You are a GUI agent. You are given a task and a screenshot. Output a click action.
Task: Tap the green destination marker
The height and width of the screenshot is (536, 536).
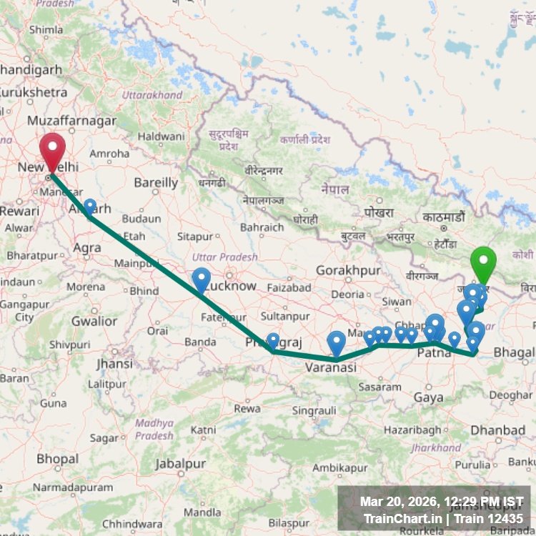coord(484,263)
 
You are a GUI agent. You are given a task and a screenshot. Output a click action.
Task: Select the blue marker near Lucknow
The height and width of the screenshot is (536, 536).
coord(202,279)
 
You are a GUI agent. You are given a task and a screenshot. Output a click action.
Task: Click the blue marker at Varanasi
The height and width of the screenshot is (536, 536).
coord(336,343)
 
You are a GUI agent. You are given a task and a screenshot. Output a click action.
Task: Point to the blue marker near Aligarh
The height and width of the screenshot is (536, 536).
coord(90,207)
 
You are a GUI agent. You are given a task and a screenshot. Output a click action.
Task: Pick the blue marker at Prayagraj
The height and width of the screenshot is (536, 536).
coord(273,340)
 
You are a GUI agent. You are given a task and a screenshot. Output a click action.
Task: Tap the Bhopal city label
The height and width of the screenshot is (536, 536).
coord(58,457)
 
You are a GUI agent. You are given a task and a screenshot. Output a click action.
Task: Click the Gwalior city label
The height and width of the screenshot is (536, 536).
coord(94,321)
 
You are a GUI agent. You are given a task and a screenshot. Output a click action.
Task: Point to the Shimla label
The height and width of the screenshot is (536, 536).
coord(46,30)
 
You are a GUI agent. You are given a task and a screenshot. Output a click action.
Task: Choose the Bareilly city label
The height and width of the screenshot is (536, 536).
coord(156,183)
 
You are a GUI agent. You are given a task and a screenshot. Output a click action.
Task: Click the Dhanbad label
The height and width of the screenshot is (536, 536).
coord(497,430)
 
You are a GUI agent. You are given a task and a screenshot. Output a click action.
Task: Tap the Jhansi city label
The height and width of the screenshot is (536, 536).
coord(115,363)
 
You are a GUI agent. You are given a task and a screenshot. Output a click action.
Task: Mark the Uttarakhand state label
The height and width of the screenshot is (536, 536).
coord(152,95)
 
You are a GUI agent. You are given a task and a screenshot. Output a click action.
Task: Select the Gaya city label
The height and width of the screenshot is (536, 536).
coord(428,397)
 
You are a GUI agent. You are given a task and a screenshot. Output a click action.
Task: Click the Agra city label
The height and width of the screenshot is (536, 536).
coord(86,248)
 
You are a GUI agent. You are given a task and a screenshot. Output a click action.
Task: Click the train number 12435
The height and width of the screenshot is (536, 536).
coord(507,519)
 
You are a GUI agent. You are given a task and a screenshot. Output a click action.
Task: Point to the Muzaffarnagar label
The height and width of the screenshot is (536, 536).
coord(71,121)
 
